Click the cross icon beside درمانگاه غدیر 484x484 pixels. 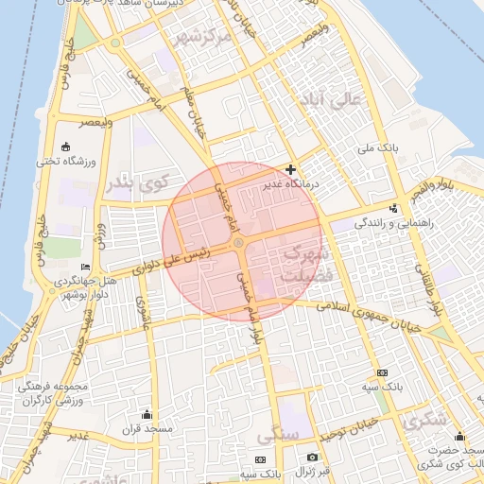291,169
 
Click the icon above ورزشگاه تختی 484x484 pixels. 65,147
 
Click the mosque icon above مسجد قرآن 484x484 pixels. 146,414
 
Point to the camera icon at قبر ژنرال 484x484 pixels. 312,458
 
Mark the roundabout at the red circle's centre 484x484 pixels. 239,244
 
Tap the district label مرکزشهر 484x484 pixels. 203,39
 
